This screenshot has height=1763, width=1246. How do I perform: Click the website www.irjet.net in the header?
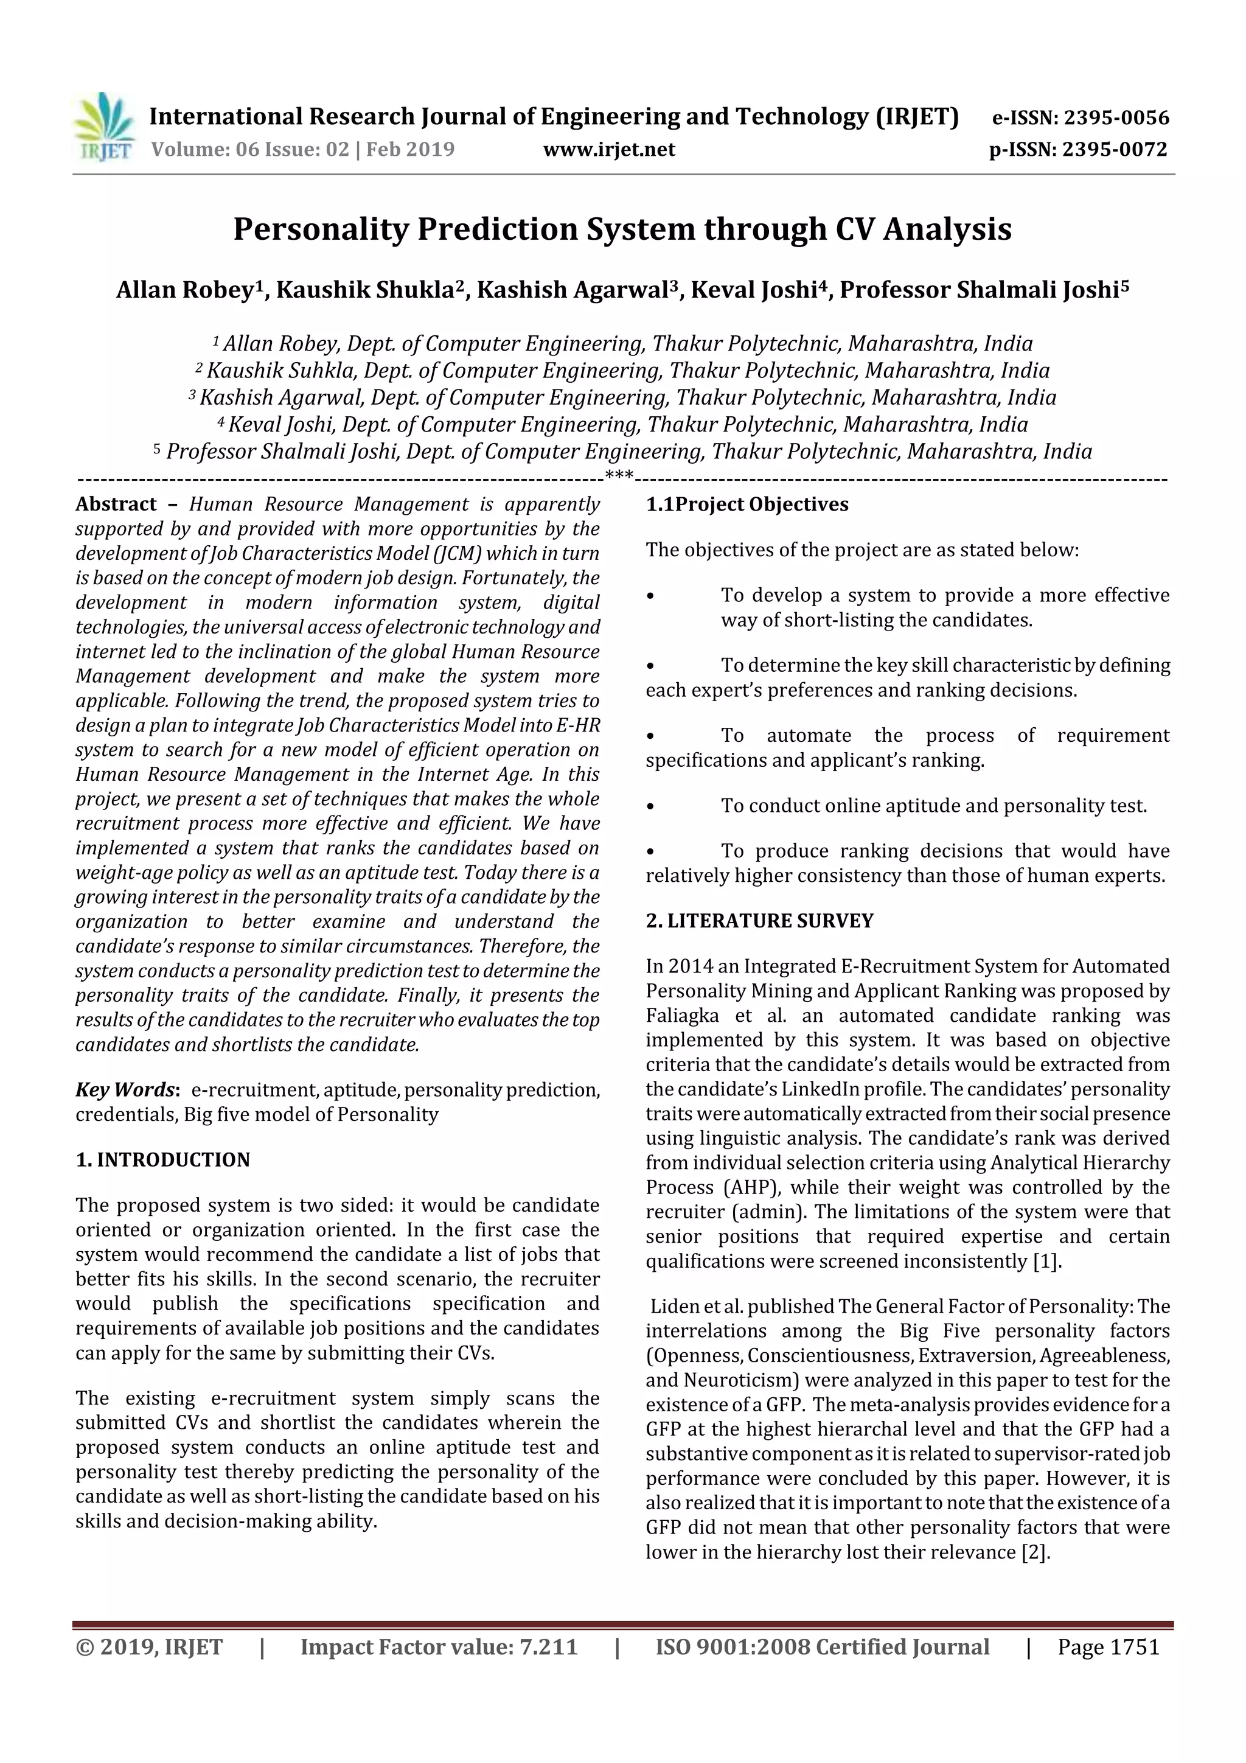[609, 150]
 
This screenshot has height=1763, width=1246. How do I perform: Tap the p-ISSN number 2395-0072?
[1115, 150]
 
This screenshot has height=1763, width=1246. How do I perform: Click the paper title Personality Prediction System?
[622, 229]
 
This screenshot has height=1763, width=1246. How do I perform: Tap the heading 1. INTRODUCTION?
[163, 1159]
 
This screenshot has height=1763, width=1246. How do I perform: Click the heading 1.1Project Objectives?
[747, 504]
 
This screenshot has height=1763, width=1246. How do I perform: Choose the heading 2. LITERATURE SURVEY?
[759, 921]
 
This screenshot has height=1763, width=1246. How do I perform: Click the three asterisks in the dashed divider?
[619, 475]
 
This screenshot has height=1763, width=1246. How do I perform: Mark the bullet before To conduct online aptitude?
[650, 806]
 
